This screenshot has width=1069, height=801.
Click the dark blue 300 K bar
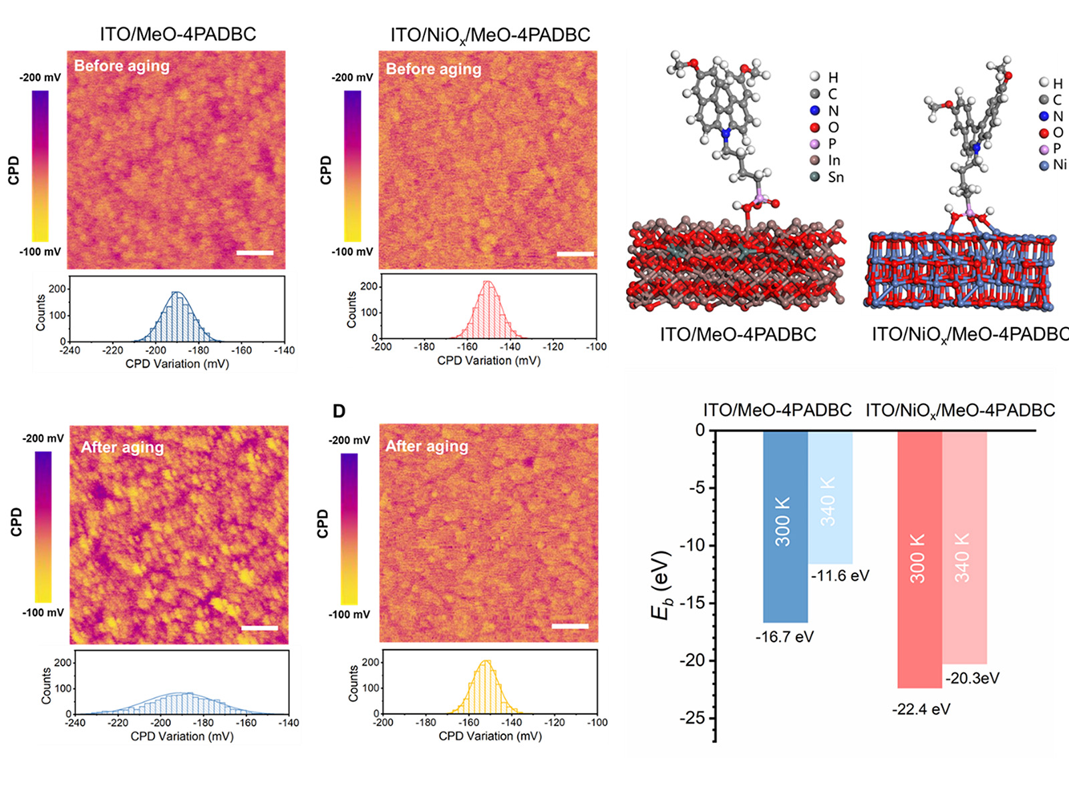click(x=785, y=527)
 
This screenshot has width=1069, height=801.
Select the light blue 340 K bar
click(x=830, y=497)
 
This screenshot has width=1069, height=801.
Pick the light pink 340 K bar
click(x=964, y=547)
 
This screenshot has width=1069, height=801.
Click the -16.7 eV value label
click(x=784, y=637)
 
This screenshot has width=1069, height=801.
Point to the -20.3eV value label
click(x=972, y=678)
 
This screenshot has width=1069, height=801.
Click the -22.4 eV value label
click(x=921, y=709)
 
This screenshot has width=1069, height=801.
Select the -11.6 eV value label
click(x=840, y=575)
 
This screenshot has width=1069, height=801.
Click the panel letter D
click(x=339, y=411)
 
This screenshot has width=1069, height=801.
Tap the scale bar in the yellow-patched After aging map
click(x=259, y=628)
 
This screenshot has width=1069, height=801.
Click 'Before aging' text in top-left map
click(x=122, y=66)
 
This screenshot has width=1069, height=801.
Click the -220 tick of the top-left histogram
click(x=113, y=350)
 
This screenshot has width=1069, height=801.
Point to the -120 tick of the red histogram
click(x=553, y=347)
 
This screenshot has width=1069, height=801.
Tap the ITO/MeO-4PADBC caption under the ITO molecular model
click(x=738, y=334)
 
